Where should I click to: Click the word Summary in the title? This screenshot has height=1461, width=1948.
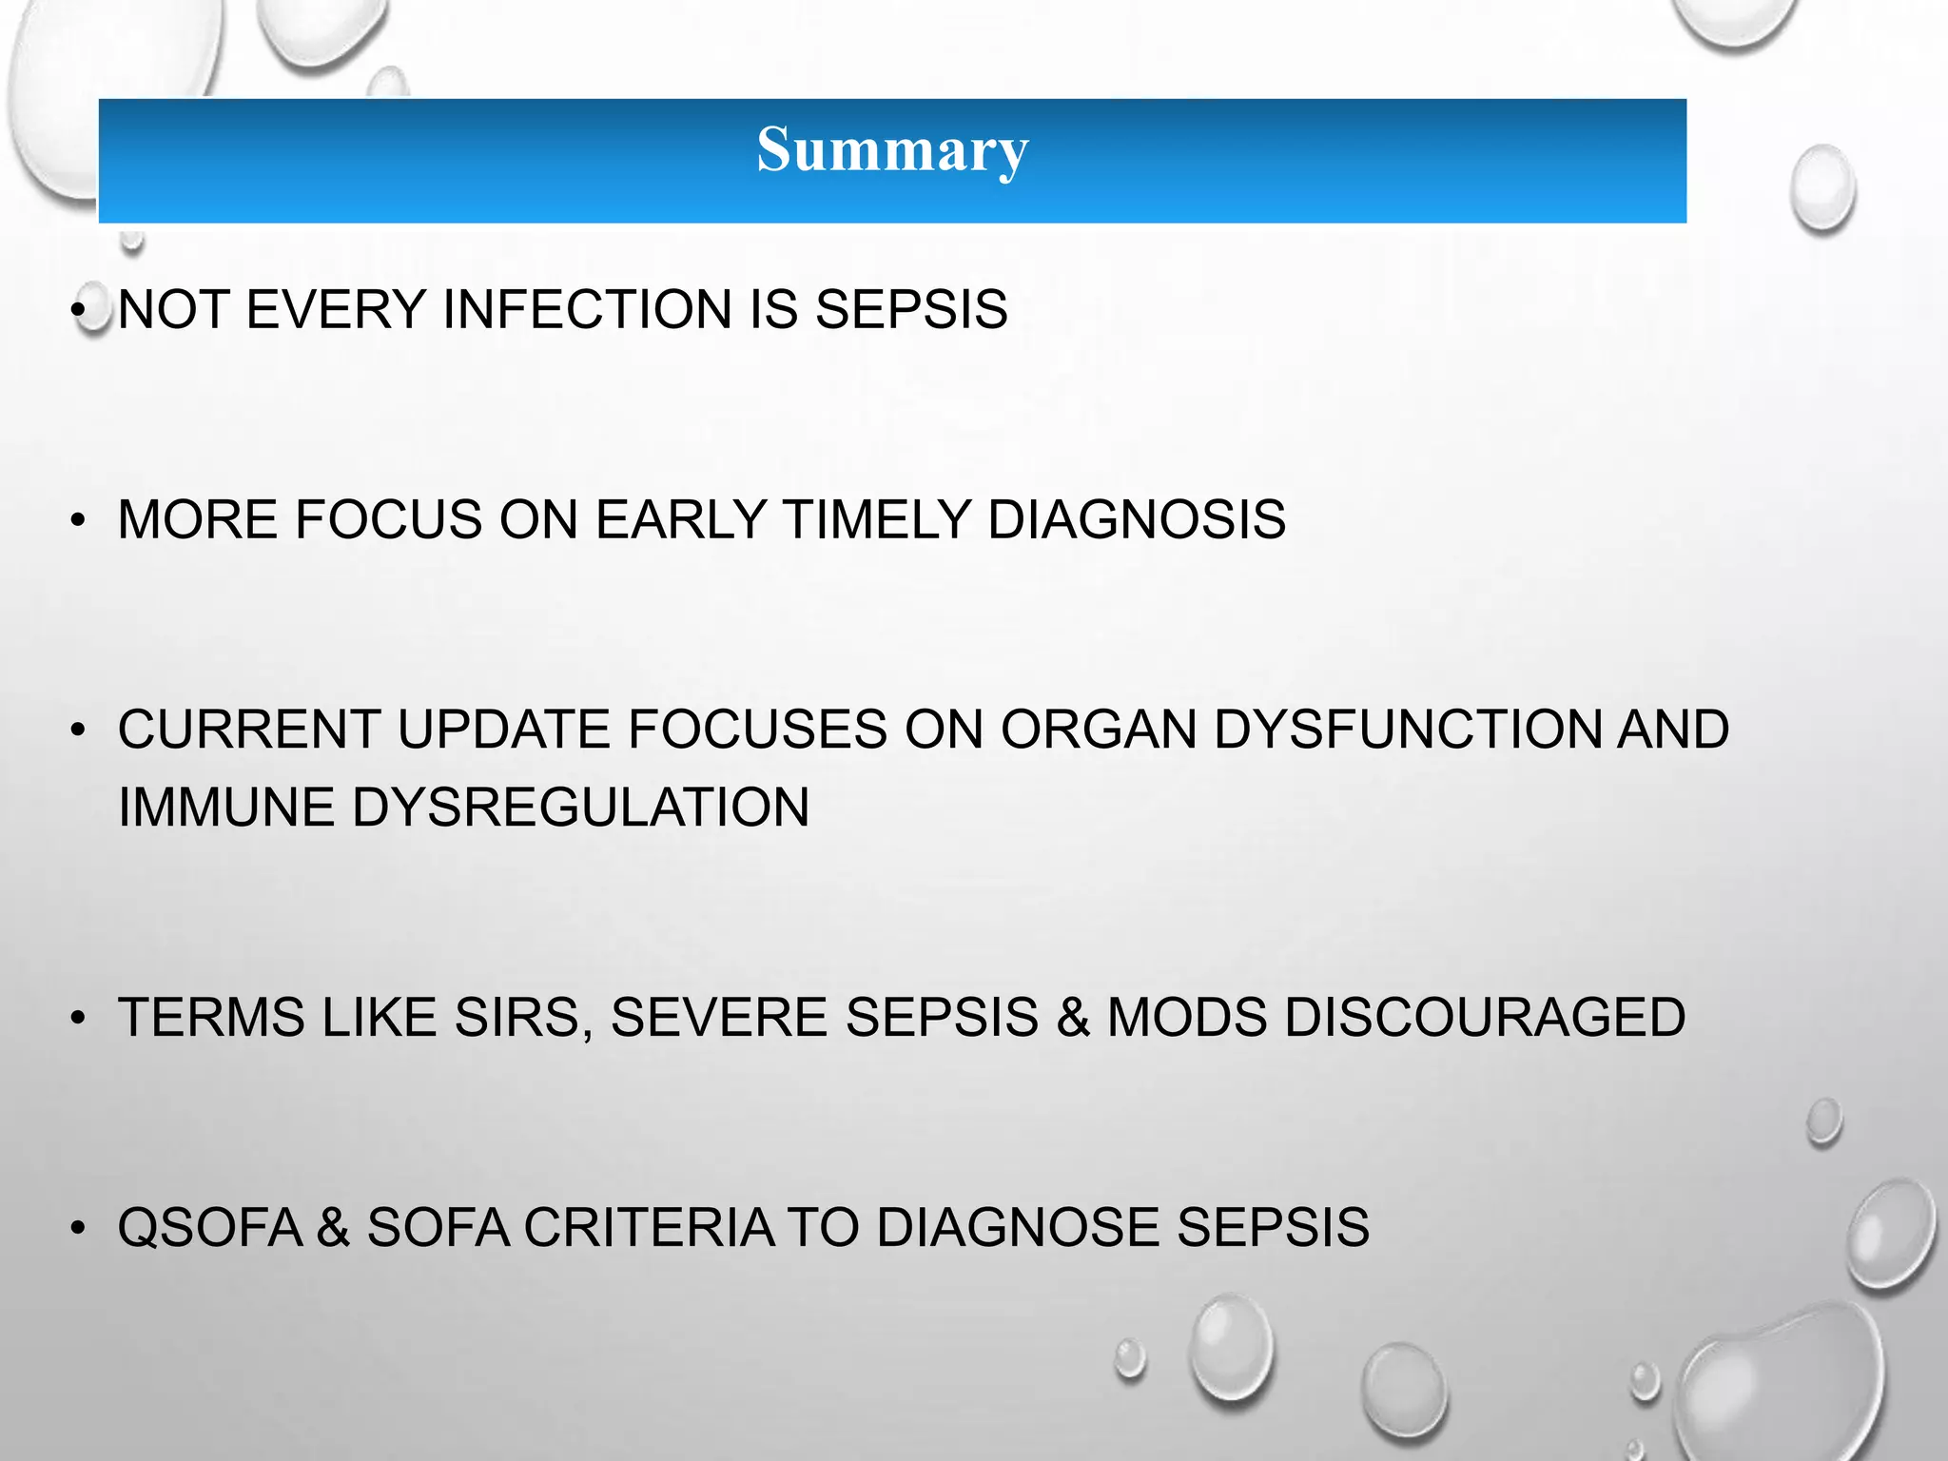892,150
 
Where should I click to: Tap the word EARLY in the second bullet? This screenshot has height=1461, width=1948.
681,520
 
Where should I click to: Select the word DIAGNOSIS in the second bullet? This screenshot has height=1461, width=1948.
1137,520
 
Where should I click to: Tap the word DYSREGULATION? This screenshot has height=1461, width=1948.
580,808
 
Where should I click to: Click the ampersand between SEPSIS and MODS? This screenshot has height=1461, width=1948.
1073,1018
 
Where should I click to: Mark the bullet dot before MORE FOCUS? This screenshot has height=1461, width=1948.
78,521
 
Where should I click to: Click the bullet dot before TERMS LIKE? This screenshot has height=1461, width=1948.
78,1019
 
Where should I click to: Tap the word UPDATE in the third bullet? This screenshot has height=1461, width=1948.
504,730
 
